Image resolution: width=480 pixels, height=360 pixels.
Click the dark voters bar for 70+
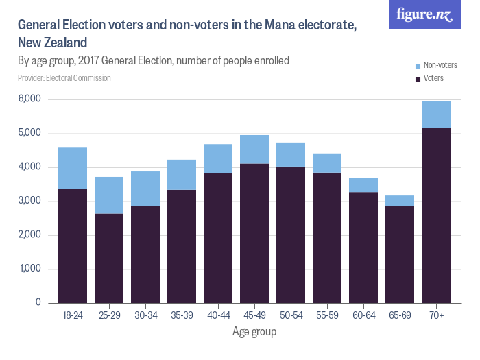[436, 215]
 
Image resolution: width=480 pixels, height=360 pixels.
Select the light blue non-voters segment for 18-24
[73, 168]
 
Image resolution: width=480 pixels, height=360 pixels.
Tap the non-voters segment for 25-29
[109, 195]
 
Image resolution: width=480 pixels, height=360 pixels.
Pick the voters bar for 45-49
[254, 233]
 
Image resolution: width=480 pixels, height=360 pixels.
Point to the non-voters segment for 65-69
[400, 201]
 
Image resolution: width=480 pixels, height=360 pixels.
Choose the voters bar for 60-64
[363, 248]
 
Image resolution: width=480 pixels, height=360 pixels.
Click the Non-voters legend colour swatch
[418, 66]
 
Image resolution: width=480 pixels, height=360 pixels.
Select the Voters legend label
[433, 78]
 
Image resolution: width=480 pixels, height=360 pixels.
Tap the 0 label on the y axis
[38, 302]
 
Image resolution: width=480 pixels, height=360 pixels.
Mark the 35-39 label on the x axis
[182, 315]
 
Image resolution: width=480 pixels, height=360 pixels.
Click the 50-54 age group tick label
[291, 315]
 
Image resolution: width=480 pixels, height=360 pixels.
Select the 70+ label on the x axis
[436, 315]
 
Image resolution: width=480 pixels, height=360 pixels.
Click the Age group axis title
[254, 332]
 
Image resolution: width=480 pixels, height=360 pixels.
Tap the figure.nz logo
[424, 14]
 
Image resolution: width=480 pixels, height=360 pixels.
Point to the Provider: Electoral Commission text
[64, 78]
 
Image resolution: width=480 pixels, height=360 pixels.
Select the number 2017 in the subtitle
[91, 60]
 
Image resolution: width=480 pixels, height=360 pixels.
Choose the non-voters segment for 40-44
[218, 158]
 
